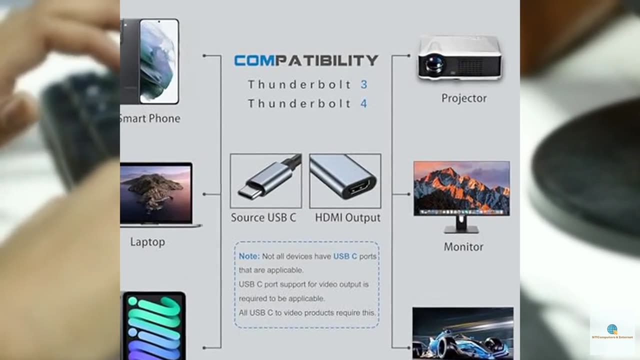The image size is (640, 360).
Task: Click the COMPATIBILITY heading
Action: (x=306, y=61)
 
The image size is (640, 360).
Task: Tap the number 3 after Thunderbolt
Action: (x=364, y=84)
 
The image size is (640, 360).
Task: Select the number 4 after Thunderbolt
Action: (x=364, y=103)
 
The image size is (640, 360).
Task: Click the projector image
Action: (x=459, y=58)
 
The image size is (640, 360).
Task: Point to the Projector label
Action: (x=463, y=98)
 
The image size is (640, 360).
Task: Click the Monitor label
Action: (x=463, y=247)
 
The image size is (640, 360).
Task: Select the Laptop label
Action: (x=147, y=242)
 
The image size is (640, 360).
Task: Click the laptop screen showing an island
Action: (x=155, y=193)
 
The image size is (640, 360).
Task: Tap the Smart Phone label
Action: (x=150, y=118)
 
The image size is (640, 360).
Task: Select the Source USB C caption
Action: (x=263, y=218)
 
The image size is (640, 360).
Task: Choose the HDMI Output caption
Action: (x=347, y=218)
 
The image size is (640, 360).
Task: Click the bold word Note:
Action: (x=249, y=256)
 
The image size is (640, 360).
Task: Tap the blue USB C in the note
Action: (x=345, y=256)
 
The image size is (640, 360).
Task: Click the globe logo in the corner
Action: (x=612, y=329)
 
